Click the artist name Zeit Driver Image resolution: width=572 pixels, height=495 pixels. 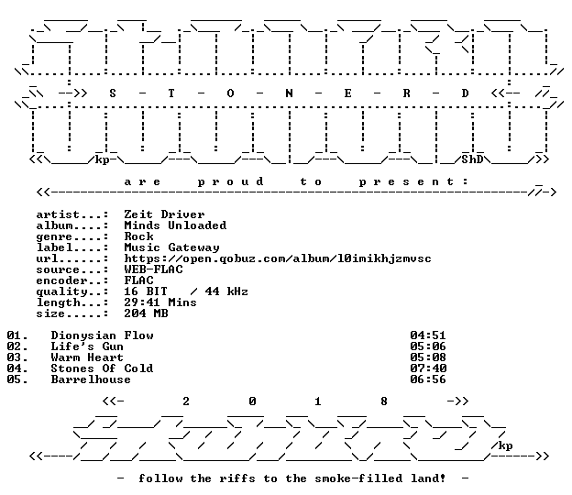pos(164,214)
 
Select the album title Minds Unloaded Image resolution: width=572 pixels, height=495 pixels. pos(175,225)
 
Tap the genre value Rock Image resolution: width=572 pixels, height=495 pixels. pos(138,236)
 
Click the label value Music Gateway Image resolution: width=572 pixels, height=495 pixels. pos(171,247)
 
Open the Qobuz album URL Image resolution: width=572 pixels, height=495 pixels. pos(278,258)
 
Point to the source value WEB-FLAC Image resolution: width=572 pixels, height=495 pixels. pos(153,269)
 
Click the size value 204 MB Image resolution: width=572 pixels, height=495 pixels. pos(146,313)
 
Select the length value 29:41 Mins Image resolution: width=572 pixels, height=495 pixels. pos(160,302)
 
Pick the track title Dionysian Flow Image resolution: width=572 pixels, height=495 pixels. pos(102,335)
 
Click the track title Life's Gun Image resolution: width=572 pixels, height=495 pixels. pos(87,346)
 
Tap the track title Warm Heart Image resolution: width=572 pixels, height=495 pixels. pos(87,357)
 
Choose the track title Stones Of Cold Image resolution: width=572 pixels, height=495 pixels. pos(102,368)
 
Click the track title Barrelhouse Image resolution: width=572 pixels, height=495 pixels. pos(91,379)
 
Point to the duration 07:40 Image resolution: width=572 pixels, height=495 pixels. pos(428,368)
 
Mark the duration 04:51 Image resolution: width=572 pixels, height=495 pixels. pos(428,335)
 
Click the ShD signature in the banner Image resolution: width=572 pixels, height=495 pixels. pos(472,159)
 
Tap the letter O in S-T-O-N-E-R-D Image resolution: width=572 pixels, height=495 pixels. pos(230,93)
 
